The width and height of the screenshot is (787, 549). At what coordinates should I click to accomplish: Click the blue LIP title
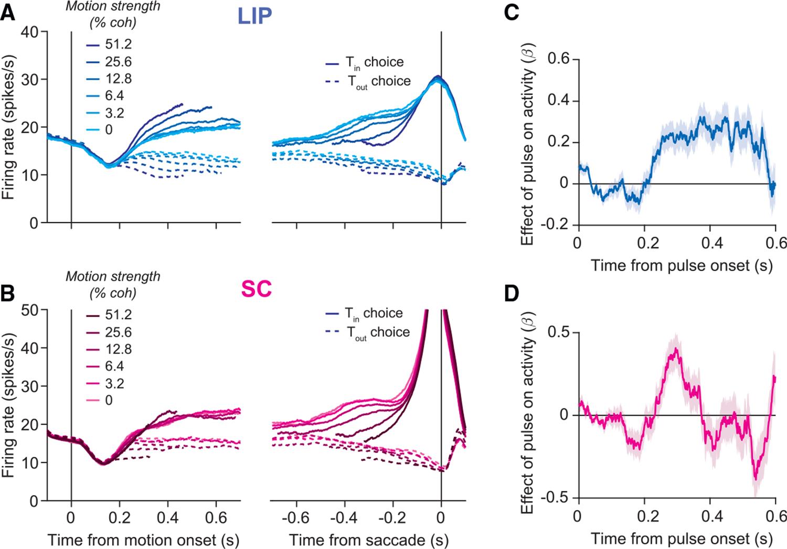pyautogui.click(x=255, y=16)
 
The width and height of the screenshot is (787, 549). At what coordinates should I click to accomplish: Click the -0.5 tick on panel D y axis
pyautogui.click(x=558, y=498)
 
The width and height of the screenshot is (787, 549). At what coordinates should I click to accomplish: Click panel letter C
pyautogui.click(x=512, y=12)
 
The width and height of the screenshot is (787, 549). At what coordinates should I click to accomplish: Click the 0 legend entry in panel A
pyautogui.click(x=109, y=129)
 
